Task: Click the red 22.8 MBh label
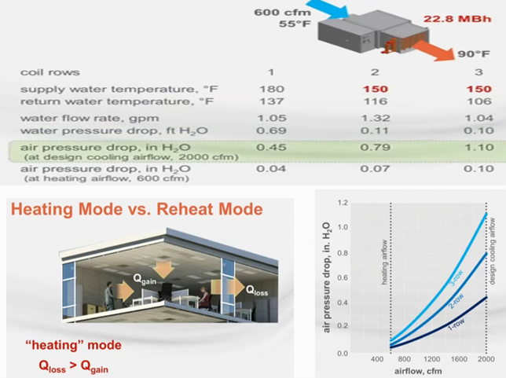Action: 457,19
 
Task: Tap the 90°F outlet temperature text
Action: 474,53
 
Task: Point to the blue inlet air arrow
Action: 328,8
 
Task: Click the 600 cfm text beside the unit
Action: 282,13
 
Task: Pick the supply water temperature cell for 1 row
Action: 272,89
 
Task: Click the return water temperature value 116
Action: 376,101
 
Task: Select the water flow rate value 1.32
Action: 376,118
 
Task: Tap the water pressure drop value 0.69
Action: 271,130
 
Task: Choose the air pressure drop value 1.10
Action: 479,147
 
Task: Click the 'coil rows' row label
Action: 50,72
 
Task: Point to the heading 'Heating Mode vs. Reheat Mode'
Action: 137,209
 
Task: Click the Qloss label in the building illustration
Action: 257,290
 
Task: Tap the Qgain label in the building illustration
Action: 145,280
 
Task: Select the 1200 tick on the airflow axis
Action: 431,359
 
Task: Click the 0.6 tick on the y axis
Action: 343,278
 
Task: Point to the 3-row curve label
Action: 456,278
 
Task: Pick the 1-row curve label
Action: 456,324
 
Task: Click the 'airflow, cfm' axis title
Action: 418,371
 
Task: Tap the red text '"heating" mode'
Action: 74,345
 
